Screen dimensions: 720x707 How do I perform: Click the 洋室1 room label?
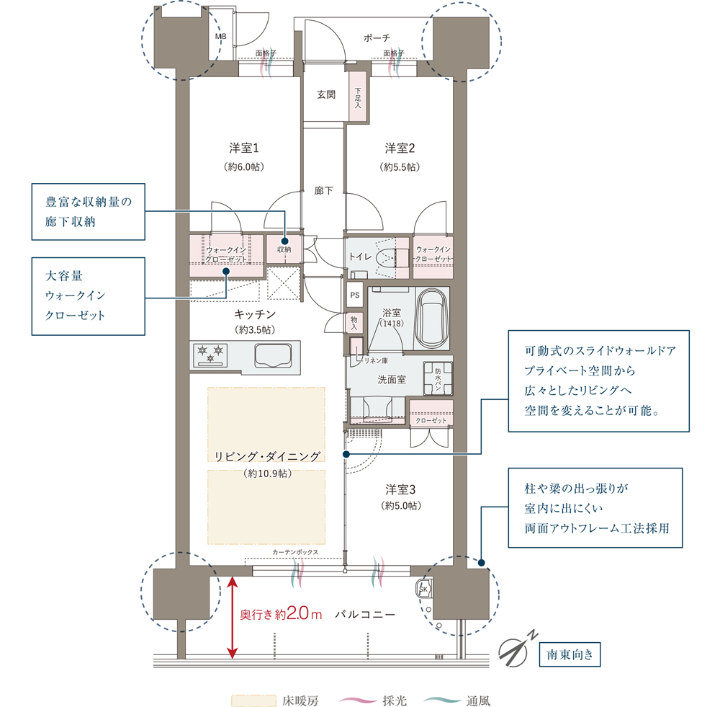(244, 148)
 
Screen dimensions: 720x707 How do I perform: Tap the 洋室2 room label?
(400, 148)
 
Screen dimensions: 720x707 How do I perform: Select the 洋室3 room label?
(400, 489)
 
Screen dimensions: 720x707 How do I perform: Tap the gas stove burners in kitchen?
(210, 355)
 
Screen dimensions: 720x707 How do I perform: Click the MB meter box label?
(220, 36)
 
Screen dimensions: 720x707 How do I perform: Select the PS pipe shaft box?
(355, 295)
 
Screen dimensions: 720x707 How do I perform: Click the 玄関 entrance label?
(326, 94)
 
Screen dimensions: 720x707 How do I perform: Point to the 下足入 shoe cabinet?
(358, 97)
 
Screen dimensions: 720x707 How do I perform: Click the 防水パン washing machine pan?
(438, 379)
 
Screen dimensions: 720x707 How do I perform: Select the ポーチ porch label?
(377, 37)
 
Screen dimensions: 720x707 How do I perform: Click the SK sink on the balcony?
(423, 589)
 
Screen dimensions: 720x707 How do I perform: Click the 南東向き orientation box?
(570, 654)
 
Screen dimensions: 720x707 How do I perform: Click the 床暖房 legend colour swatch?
(253, 700)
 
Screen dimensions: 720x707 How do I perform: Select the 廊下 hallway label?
(324, 190)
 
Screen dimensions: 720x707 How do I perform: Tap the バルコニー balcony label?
(365, 615)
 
